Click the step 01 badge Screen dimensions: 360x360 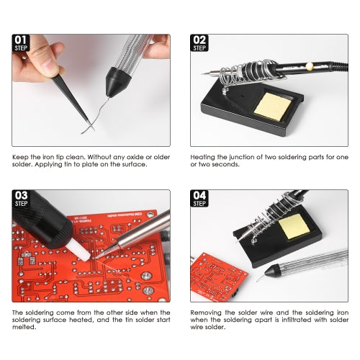[x=22, y=43]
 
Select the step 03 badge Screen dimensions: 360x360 [x=22, y=198]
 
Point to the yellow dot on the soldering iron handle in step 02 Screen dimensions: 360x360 [x=310, y=66]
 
